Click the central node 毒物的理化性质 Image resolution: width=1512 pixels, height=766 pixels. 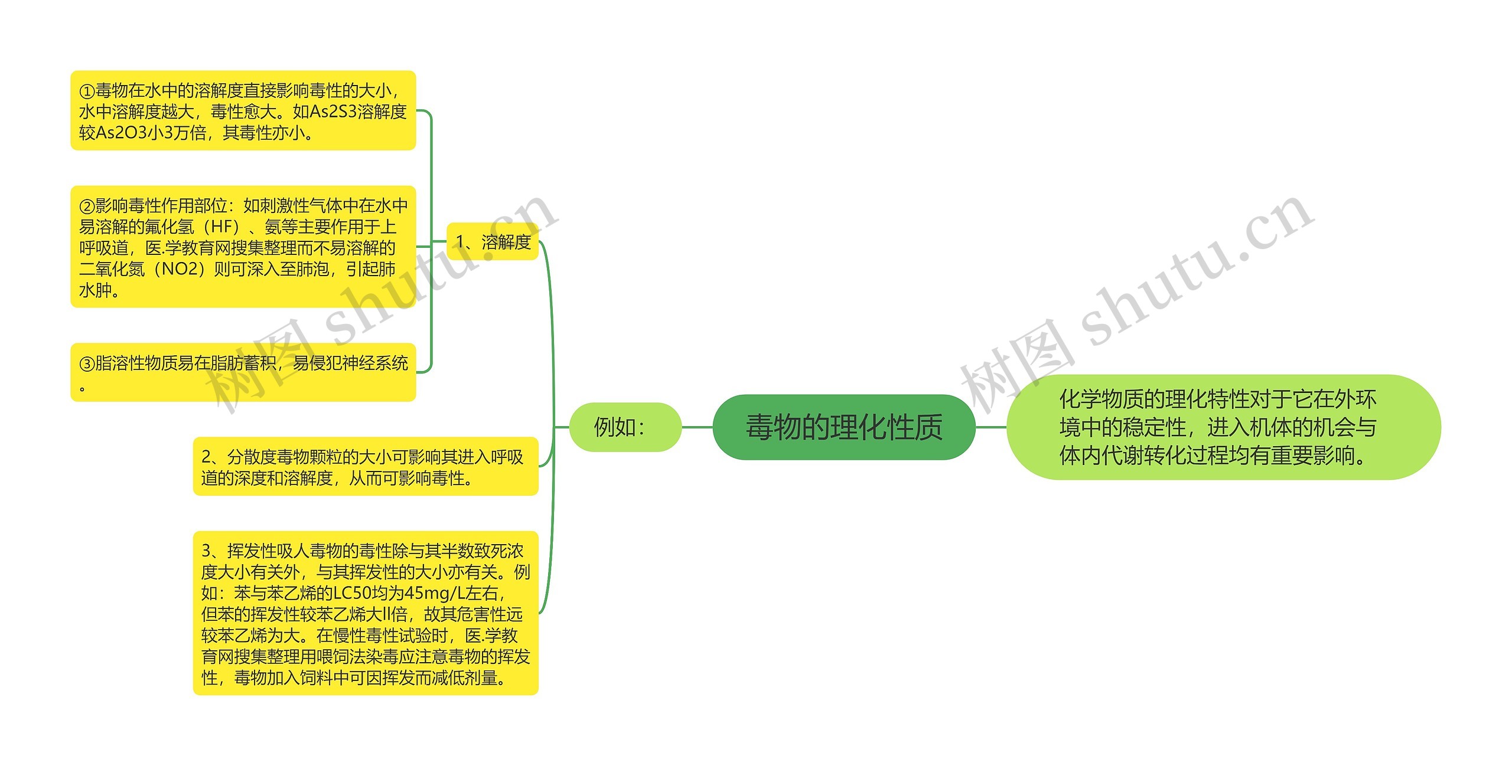843,427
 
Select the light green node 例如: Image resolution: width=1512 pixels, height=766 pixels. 624,427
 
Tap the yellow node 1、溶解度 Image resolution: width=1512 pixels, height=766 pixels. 493,242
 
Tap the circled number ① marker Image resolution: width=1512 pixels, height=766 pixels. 87,91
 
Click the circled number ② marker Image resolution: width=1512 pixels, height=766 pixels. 87,206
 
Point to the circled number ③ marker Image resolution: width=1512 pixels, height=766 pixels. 87,364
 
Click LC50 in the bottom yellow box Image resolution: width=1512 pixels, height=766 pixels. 353,593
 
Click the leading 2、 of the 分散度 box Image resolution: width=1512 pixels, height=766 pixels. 213,457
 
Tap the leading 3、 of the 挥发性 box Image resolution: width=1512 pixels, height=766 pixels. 213,551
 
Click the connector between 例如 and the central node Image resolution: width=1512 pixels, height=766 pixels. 698,427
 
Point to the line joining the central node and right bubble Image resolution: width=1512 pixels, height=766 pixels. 990,427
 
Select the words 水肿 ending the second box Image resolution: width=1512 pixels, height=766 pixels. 95,290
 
